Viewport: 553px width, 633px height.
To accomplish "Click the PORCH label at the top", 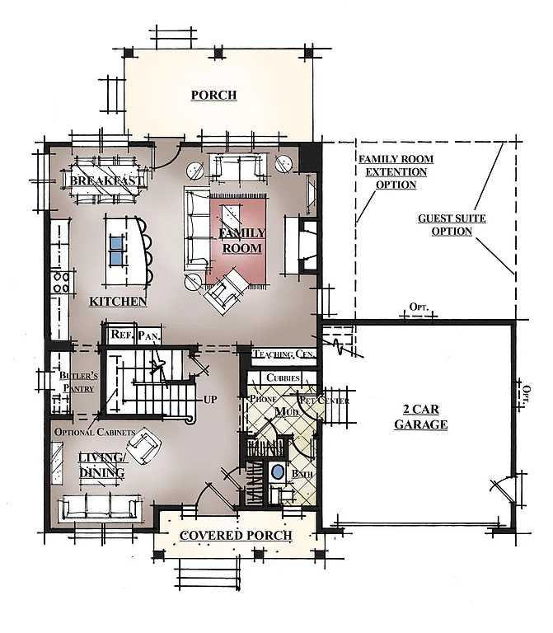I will pyautogui.click(x=213, y=95).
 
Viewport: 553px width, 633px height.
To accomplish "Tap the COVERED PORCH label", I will pyautogui.click(x=236, y=536).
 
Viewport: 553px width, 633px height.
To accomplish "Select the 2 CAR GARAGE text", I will pyautogui.click(x=420, y=417).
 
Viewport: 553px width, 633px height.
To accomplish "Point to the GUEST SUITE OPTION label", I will pyautogui.click(x=451, y=225).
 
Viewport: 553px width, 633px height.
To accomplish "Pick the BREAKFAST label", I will pyautogui.click(x=107, y=181).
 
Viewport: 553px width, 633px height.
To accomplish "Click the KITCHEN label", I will pyautogui.click(x=118, y=302).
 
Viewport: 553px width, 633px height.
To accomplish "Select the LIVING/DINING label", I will pyautogui.click(x=101, y=465).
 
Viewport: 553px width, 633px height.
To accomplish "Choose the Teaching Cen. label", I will pyautogui.click(x=284, y=354).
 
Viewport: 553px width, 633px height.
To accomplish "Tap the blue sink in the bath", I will pyautogui.click(x=279, y=473).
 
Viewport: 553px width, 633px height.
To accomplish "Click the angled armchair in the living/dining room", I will pyautogui.click(x=148, y=445).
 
